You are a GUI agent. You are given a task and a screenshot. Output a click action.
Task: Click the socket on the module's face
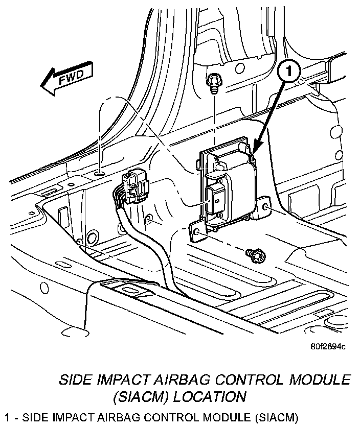(x=215, y=197)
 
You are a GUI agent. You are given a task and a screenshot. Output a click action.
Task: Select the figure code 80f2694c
(x=327, y=347)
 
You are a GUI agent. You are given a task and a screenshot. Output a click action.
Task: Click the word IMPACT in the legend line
(x=62, y=416)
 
